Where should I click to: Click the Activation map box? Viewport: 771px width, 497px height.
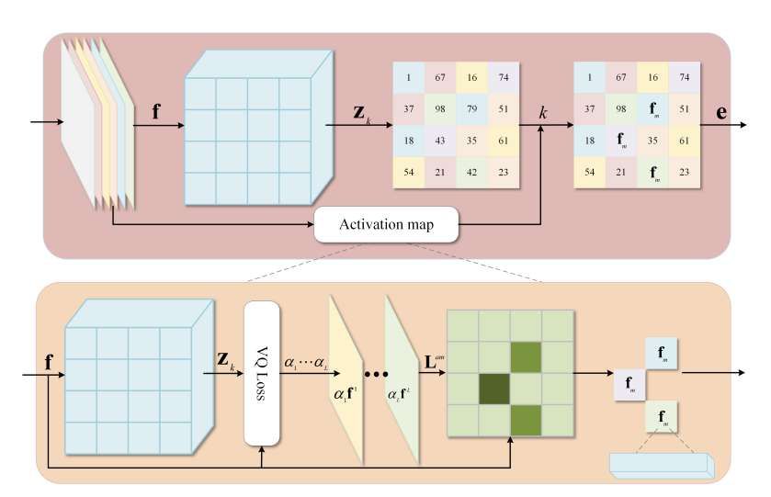click(386, 225)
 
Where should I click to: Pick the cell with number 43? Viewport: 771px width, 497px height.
click(440, 141)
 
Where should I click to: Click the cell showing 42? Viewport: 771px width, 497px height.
click(471, 172)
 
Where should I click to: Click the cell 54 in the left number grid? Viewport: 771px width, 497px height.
click(409, 172)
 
